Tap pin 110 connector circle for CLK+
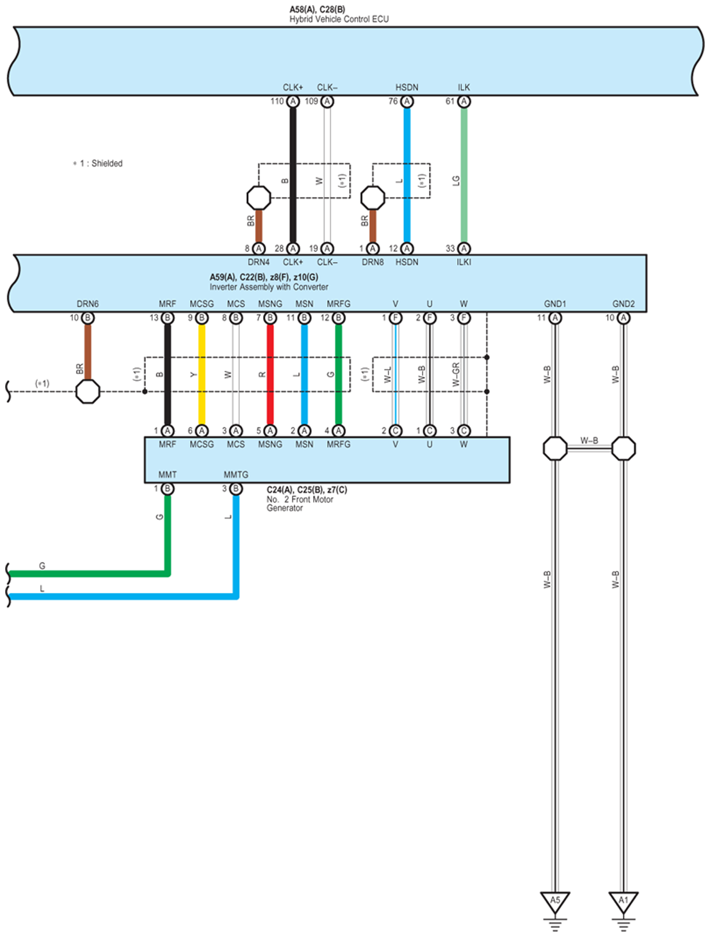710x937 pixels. click(293, 102)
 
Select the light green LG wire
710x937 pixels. click(464, 172)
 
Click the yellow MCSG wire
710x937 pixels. click(202, 373)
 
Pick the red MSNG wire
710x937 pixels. click(270, 373)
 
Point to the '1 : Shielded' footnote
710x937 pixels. click(98, 164)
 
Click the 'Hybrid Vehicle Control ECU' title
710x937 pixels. click(339, 20)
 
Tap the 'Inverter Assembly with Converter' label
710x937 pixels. click(269, 287)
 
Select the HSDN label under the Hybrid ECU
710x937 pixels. click(407, 87)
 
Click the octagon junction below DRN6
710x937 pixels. click(88, 392)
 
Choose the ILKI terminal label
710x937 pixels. click(464, 263)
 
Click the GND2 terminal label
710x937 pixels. click(623, 304)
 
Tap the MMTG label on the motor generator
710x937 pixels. click(236, 475)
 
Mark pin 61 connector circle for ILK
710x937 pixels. click(464, 102)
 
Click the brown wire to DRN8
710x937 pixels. click(373, 226)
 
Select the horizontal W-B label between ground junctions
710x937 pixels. click(589, 441)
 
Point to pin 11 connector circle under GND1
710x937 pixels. click(555, 318)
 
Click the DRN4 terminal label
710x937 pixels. click(258, 263)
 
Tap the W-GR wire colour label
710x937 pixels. click(456, 375)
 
